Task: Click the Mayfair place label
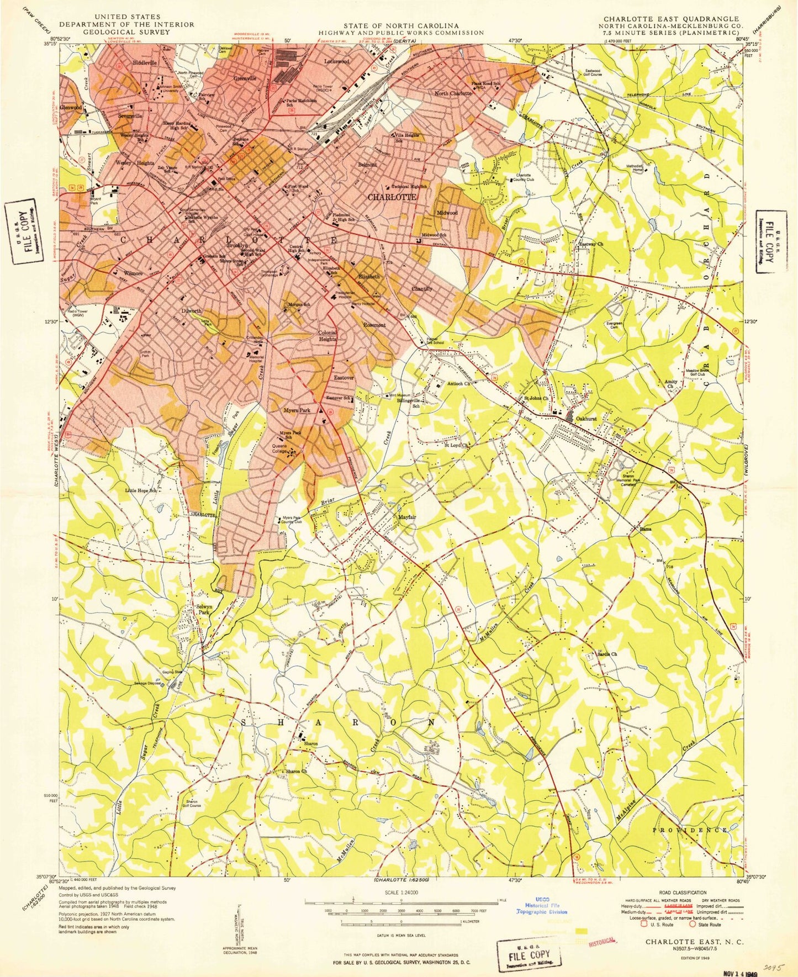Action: click(406, 517)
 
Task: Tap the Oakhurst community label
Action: click(588, 419)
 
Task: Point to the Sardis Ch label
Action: click(606, 654)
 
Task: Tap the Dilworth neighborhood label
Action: click(191, 311)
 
